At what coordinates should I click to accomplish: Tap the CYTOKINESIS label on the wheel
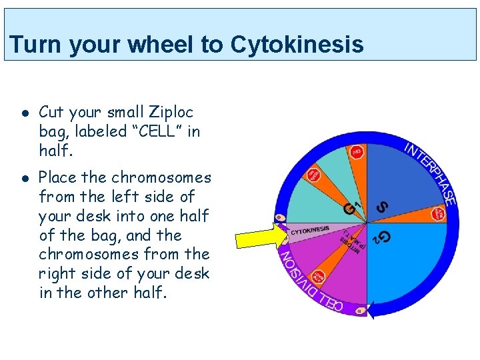309,230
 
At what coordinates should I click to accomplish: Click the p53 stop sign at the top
357,152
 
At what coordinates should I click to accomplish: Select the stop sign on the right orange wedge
438,214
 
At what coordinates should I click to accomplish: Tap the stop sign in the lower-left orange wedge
319,275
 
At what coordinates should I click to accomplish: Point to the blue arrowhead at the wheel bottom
371,309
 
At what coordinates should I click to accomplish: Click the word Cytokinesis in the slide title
297,45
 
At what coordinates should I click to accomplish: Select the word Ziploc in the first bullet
170,112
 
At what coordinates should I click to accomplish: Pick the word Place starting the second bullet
58,177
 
